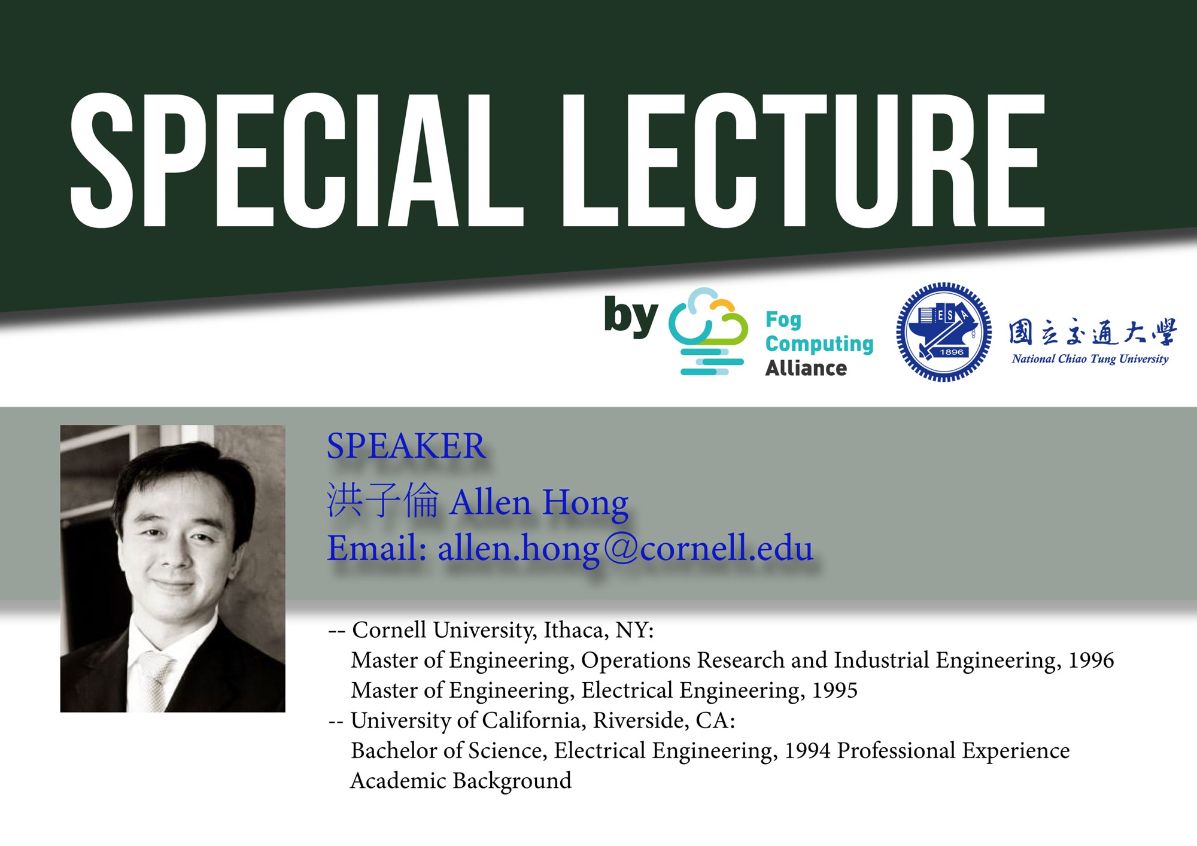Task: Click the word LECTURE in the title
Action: tap(804, 160)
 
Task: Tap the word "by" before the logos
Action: tap(631, 316)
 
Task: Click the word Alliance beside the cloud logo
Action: tap(806, 368)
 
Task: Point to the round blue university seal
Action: tap(943, 332)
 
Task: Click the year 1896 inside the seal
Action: tap(952, 352)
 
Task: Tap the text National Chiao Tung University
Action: tap(1090, 359)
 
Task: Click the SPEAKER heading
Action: tap(406, 446)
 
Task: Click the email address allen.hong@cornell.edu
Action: tap(625, 548)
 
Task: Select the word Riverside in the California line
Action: tap(641, 720)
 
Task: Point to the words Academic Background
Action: tap(461, 781)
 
